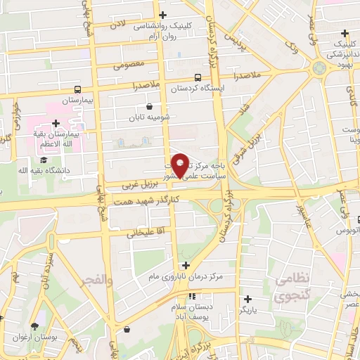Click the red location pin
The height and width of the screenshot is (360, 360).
pyautogui.click(x=181, y=165)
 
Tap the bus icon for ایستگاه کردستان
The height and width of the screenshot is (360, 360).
pyautogui.click(x=197, y=77)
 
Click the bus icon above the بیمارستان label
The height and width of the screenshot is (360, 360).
pyautogui.click(x=77, y=89)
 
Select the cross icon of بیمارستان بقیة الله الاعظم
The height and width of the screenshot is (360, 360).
pyautogui.click(x=56, y=124)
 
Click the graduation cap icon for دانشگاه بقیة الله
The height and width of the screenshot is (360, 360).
pyautogui.click(x=44, y=160)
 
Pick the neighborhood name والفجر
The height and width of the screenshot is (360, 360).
pyautogui.click(x=97, y=280)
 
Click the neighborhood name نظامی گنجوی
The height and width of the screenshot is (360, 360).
pyautogui.click(x=287, y=287)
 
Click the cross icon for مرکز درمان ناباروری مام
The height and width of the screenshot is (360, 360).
pyautogui.click(x=186, y=265)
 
